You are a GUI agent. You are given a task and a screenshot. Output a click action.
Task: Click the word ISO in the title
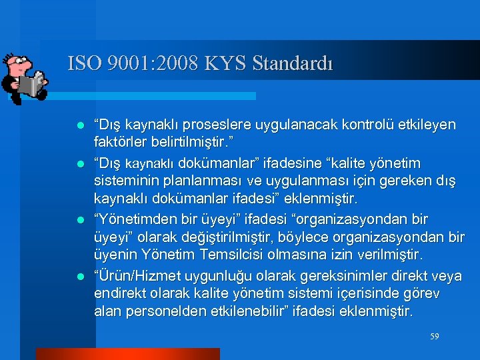[x=83, y=64]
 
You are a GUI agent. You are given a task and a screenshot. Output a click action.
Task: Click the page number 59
[x=435, y=337]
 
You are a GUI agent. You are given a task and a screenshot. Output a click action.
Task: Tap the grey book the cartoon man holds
[x=30, y=85]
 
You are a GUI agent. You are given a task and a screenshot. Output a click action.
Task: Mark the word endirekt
[x=121, y=293]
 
